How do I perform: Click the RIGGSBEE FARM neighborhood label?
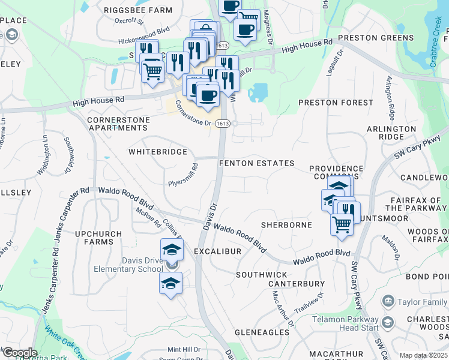point(138,10)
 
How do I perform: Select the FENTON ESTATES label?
point(256,163)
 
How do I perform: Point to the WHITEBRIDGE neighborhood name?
point(158,152)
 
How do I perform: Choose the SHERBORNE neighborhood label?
point(286,225)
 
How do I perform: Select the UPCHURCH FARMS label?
point(98,238)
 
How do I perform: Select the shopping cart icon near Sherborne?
point(342,225)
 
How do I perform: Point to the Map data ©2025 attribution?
point(423,355)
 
